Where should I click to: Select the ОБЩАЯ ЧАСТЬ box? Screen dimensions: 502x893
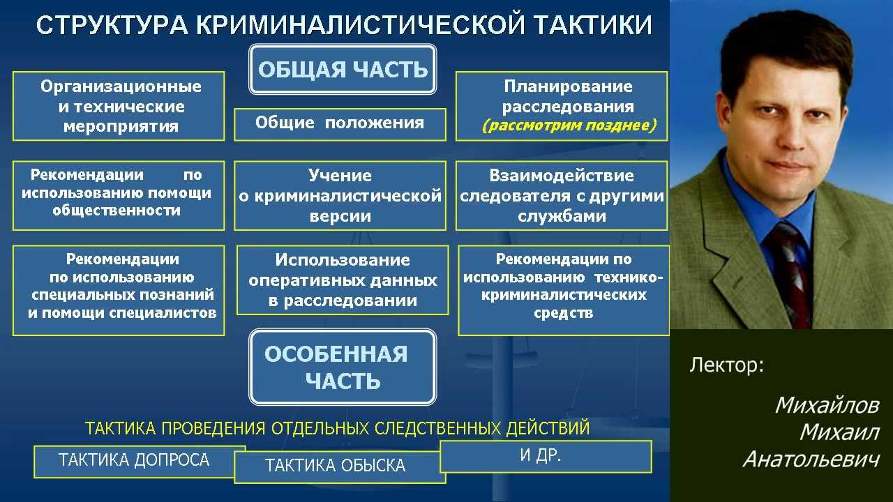[343, 70]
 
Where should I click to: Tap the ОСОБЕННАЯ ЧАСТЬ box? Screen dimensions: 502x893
[343, 367]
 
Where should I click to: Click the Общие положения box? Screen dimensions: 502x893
[340, 124]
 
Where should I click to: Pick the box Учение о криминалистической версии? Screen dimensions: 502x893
[340, 196]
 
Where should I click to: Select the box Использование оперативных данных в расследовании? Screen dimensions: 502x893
[343, 280]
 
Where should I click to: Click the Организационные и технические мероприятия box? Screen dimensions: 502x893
[119, 107]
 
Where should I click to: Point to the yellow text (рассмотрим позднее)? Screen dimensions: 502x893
[569, 126]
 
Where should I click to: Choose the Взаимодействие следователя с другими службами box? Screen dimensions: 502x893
[562, 196]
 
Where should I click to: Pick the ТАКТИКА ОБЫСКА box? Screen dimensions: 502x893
[339, 466]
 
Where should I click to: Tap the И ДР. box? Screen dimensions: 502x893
[546, 456]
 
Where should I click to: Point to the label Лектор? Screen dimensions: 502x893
[726, 365]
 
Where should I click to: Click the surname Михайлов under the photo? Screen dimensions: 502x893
[827, 406]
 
